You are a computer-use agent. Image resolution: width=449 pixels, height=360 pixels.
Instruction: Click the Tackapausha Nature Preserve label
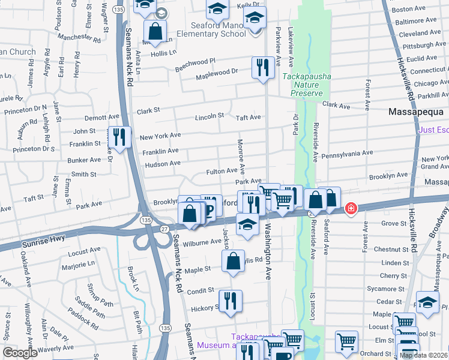[x=303, y=85]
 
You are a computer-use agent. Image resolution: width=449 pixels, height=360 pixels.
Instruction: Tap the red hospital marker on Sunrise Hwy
[x=351, y=208]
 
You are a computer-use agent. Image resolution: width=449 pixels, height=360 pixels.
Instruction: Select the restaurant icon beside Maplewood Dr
[x=261, y=67]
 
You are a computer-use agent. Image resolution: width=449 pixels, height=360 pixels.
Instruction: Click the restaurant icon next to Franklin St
[x=119, y=137]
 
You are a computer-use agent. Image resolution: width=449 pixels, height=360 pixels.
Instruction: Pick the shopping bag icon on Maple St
[x=233, y=261]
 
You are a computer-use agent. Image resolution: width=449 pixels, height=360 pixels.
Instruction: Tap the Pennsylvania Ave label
[x=348, y=154]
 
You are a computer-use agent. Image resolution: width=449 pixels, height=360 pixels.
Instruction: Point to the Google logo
[x=20, y=353]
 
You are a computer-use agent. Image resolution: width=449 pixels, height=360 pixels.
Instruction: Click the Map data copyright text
[x=423, y=355]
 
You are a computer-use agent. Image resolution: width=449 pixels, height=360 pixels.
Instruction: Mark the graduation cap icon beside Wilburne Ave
[x=247, y=225]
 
